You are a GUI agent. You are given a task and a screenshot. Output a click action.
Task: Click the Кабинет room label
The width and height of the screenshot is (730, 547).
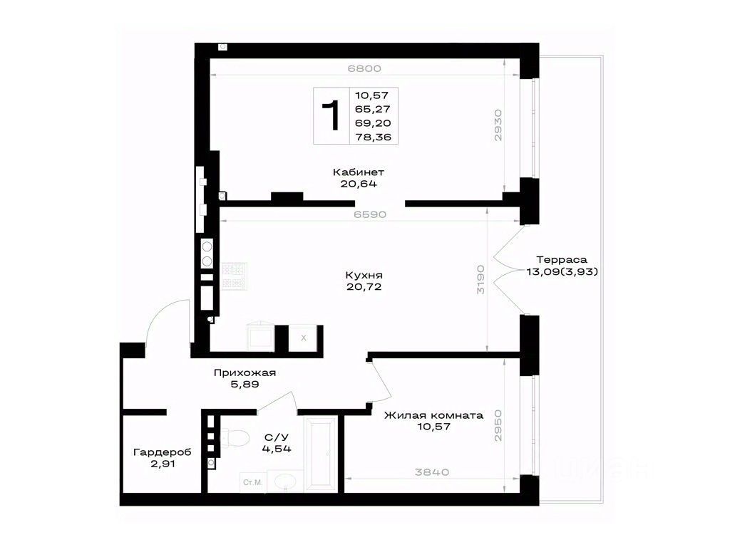click(x=358, y=172)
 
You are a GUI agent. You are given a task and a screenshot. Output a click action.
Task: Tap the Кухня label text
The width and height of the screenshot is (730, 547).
click(x=364, y=276)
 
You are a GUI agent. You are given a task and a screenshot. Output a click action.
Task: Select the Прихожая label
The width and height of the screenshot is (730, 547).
click(x=245, y=373)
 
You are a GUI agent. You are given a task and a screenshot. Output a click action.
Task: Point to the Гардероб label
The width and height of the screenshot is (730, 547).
click(x=162, y=452)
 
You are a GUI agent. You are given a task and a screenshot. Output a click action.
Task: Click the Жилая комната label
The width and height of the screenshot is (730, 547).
click(x=433, y=415)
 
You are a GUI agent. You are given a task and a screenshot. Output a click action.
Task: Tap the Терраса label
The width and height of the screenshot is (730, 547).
click(x=562, y=260)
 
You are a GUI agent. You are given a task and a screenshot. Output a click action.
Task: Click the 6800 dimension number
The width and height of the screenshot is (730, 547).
click(x=364, y=69)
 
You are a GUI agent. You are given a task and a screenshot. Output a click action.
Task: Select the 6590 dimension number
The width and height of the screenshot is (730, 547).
click(x=370, y=215)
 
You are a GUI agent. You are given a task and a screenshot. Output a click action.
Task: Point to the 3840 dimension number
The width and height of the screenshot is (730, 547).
click(x=432, y=473)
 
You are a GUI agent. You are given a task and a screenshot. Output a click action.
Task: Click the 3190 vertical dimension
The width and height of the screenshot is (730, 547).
click(x=480, y=279)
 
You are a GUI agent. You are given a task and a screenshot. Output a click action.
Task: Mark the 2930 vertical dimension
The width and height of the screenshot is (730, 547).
click(x=498, y=125)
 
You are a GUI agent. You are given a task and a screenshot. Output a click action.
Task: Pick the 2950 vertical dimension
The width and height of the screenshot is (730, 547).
click(x=498, y=426)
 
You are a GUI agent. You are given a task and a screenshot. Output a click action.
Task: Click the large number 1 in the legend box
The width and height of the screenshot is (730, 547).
click(x=331, y=115)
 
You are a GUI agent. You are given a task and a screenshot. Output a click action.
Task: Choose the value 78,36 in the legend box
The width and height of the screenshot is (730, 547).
click(x=373, y=137)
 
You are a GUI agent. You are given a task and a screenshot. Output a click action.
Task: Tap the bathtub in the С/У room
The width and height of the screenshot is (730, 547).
click(x=320, y=454)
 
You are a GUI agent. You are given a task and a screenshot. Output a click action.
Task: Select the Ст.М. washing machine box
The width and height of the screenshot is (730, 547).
click(x=253, y=482)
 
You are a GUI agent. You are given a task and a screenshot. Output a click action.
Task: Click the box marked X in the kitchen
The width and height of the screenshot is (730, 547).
click(x=303, y=338)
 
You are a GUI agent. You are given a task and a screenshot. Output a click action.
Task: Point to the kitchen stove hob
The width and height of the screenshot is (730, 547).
click(x=234, y=276)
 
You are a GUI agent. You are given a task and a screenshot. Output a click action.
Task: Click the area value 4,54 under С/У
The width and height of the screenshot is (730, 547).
click(x=277, y=449)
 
